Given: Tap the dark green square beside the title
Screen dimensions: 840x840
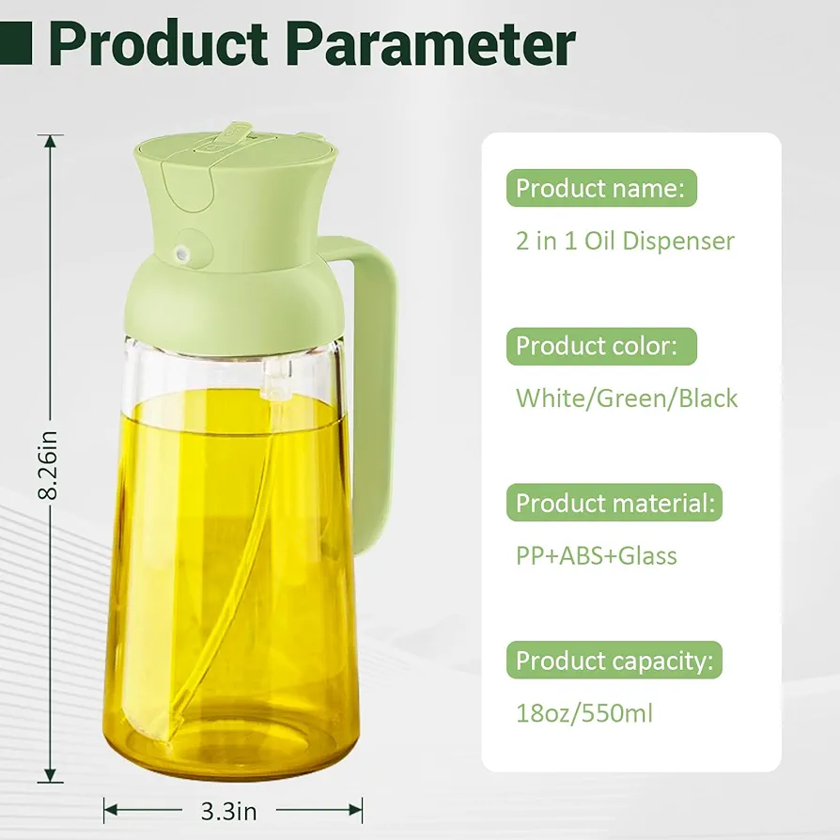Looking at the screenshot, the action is tap(16, 43).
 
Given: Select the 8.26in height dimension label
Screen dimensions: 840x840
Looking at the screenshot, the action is tap(48, 464).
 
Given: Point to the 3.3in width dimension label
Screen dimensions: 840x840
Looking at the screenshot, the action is tap(228, 812).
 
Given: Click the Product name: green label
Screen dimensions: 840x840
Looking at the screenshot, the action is tap(601, 188).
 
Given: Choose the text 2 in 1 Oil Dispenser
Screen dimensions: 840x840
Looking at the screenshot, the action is tap(625, 241).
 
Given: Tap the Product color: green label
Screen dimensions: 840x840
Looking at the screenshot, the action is tap(601, 346).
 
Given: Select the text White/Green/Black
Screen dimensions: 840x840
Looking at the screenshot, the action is tap(627, 398).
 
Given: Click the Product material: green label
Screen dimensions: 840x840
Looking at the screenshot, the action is tap(614, 503).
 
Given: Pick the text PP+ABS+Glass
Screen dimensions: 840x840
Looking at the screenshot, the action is tap(597, 555).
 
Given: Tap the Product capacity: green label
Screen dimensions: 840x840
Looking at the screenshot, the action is tap(614, 660).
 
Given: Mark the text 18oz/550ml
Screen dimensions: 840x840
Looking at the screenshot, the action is tap(584, 713).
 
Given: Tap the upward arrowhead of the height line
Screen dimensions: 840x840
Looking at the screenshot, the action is tap(50, 142).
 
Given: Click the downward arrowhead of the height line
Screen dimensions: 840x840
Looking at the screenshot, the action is tap(50, 775).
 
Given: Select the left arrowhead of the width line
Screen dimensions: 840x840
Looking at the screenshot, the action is tap(110, 810).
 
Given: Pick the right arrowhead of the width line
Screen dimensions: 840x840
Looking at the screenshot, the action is tap(356, 810).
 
